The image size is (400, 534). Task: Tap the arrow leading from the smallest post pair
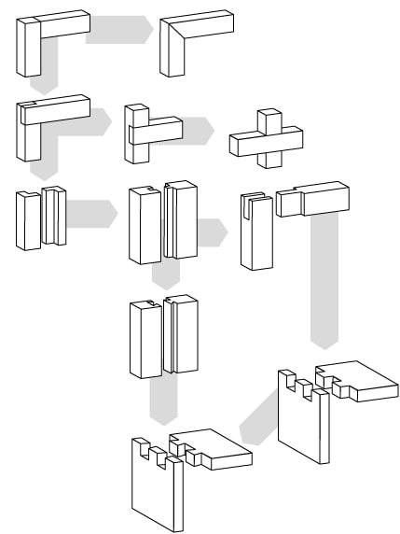tap(91, 213)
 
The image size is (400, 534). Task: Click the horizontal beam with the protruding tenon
tap(313, 198)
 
